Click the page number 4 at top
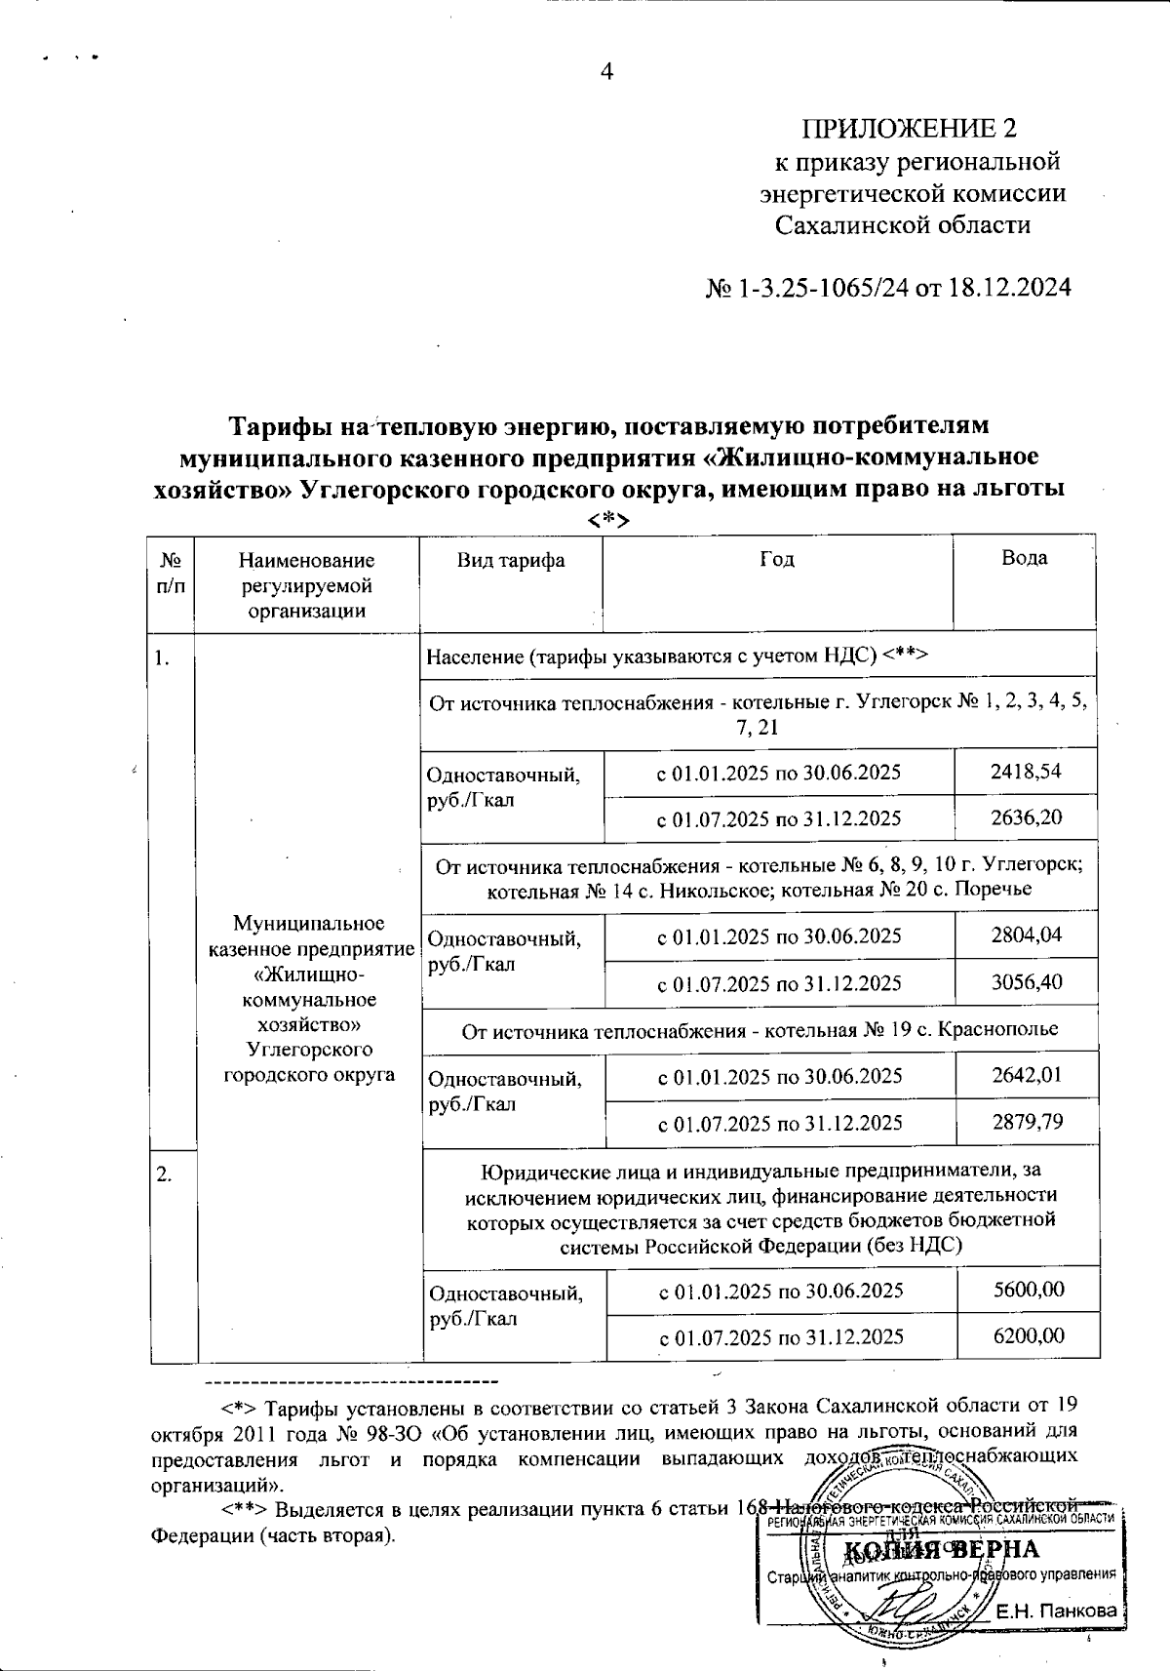point(606,72)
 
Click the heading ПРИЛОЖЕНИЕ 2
point(909,129)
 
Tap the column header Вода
point(1024,558)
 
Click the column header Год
point(777,558)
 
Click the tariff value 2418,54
point(1026,772)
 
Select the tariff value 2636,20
point(1026,817)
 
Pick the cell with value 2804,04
point(1026,935)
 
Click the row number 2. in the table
point(165,1174)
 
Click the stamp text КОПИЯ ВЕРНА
point(940,1550)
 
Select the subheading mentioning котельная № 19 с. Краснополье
point(760,1029)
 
